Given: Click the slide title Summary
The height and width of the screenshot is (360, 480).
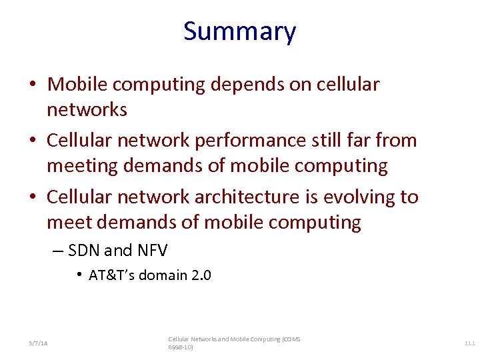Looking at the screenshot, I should coord(239,31).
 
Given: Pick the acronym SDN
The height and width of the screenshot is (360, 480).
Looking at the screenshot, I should coord(83,251).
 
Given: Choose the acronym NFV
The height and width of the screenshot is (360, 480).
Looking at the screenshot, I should coord(152,251).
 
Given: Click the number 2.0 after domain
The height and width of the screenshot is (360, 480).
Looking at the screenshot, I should coord(201,275).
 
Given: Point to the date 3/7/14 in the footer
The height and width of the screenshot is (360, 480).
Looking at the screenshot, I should coord(38,343).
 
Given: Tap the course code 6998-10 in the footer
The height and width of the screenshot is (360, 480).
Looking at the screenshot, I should coord(179,347).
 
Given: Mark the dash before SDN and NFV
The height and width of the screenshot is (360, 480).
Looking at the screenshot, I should coord(57,251).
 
